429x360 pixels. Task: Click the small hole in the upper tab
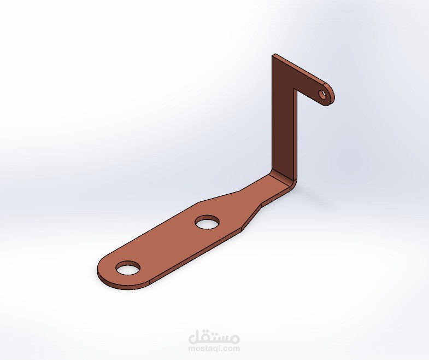pyautogui.click(x=323, y=94)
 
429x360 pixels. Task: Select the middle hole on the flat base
pyautogui.click(x=208, y=222)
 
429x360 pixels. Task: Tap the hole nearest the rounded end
pyautogui.click(x=128, y=268)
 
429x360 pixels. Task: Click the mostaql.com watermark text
pyautogui.click(x=214, y=349)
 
